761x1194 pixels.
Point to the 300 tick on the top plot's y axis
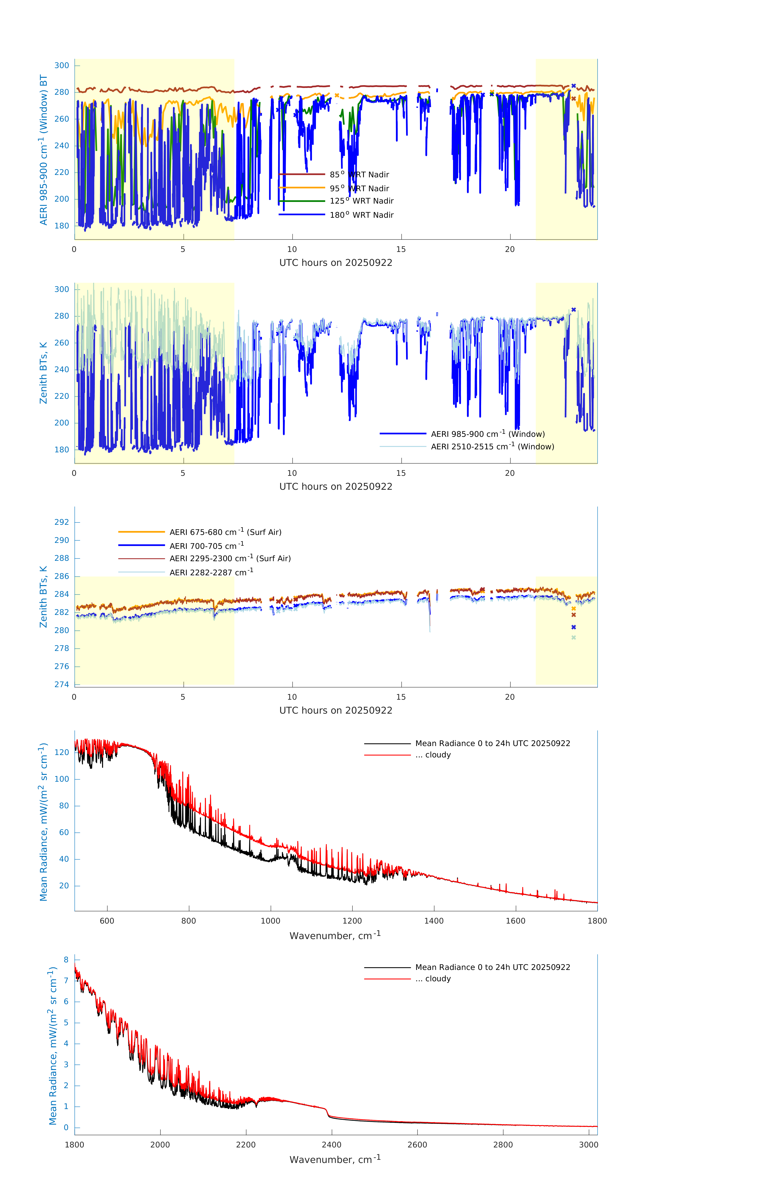point(62,65)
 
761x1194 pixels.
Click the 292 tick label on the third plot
point(62,522)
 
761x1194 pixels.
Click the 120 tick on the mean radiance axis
point(62,752)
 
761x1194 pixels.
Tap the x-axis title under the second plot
point(336,486)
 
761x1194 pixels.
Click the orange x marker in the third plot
point(574,608)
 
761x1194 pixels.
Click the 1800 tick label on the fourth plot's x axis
point(597,921)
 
